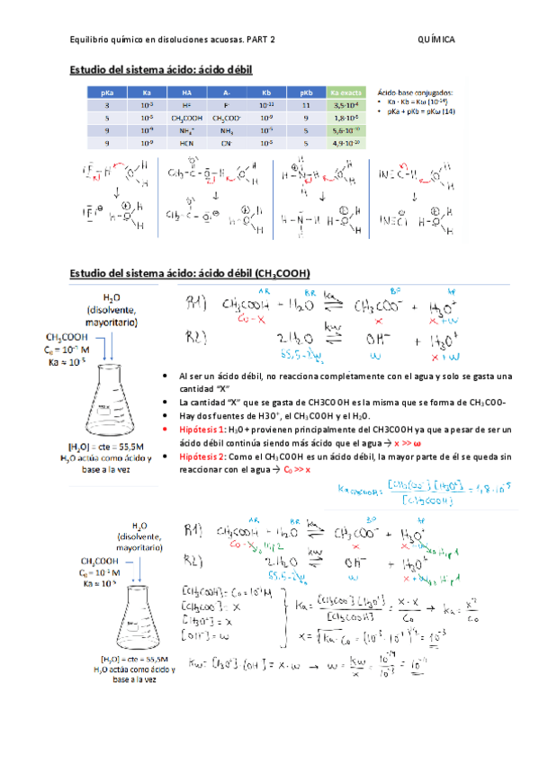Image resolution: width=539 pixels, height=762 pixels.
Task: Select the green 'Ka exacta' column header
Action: click(346, 92)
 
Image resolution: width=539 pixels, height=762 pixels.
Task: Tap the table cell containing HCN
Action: click(186, 142)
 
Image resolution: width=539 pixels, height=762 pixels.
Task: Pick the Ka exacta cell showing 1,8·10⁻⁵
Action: click(346, 117)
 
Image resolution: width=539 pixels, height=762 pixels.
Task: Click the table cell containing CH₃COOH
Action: click(186, 117)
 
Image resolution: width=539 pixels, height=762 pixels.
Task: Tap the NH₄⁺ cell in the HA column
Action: click(186, 129)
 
